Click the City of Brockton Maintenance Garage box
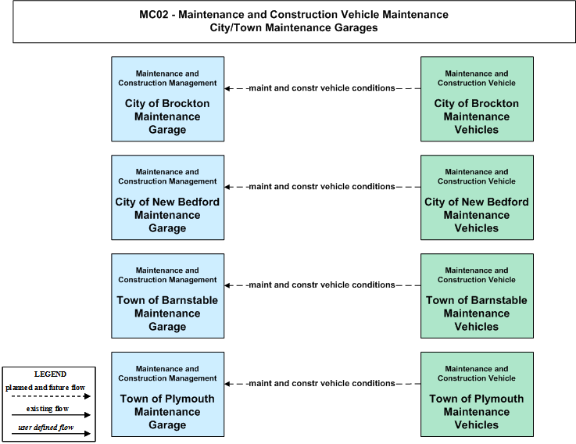pos(168,98)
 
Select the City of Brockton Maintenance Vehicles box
pos(477,98)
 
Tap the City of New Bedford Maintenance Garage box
pos(168,197)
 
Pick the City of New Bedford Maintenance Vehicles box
pos(477,197)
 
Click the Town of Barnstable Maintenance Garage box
pos(168,296)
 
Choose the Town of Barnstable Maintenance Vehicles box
pos(477,296)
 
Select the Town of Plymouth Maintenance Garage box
pos(168,395)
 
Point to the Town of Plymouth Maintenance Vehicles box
pos(477,395)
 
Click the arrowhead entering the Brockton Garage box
pos(227,88)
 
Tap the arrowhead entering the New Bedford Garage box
pos(227,187)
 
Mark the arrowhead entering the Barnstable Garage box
pos(227,285)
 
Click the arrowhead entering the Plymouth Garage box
pos(227,384)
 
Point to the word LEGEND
pos(50,374)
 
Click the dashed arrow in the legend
pos(51,396)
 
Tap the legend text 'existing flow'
pos(48,409)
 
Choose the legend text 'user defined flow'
pos(46,428)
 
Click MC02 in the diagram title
pos(153,15)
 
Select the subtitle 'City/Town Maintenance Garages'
pos(294,28)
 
